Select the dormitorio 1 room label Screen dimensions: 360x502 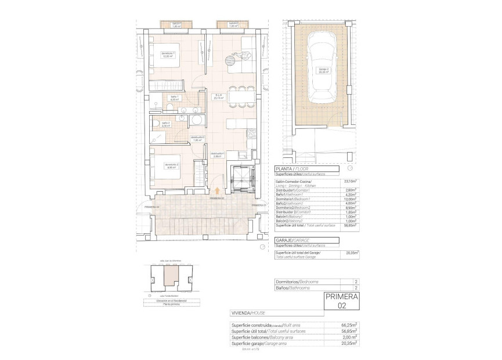pyautogui.click(x=168, y=55)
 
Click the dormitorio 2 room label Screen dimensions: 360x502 pyautogui.click(x=171, y=165)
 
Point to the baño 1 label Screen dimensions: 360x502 pyautogui.click(x=174, y=98)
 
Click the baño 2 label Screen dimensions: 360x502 pyautogui.click(x=166, y=124)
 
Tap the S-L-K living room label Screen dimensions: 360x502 pyautogui.click(x=219, y=97)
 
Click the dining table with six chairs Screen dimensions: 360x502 pyautogui.click(x=239, y=96)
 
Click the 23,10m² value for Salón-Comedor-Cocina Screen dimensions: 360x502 pyautogui.click(x=351, y=182)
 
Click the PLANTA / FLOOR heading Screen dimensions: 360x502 pyautogui.click(x=290, y=170)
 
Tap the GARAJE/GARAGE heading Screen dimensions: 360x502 pyautogui.click(x=293, y=240)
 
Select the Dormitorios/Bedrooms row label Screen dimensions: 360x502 pyautogui.click(x=297, y=282)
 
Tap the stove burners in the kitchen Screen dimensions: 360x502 pyautogui.click(x=252, y=134)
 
